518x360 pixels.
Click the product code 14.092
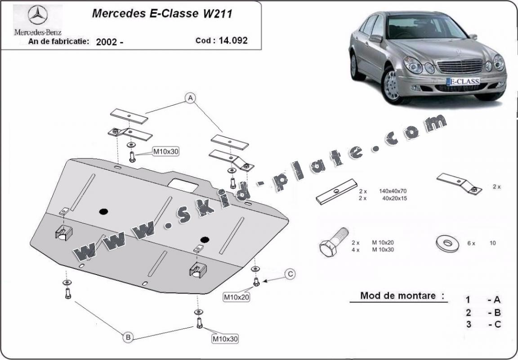pos(233,40)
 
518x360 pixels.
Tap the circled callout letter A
pos(191,98)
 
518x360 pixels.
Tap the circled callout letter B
pos(128,337)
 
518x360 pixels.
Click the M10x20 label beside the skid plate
pos(237,296)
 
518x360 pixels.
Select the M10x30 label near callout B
pos(225,338)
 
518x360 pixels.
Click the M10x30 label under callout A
pos(165,151)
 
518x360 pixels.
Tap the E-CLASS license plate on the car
pos(462,81)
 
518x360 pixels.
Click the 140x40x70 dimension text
pos(389,191)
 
